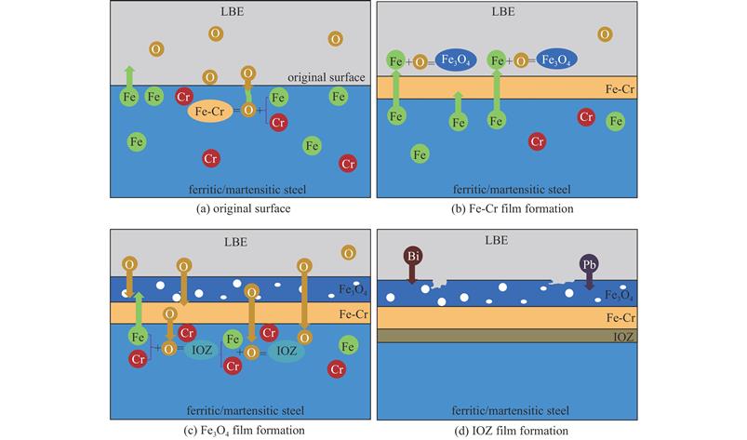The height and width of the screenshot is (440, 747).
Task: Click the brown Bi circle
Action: click(412, 256)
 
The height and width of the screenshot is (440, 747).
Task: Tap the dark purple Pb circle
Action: click(589, 264)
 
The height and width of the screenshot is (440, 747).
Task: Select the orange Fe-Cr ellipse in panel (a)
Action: click(209, 112)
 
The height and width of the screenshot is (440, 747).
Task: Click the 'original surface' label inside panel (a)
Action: click(326, 77)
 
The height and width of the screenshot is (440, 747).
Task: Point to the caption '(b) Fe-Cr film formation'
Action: click(513, 208)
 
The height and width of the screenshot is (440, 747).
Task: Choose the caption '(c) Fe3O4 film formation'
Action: click(244, 431)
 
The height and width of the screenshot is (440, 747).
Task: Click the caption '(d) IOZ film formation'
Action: click(511, 431)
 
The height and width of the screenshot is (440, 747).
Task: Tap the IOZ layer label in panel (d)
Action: click(623, 337)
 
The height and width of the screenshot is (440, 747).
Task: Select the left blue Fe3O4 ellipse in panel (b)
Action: click(456, 60)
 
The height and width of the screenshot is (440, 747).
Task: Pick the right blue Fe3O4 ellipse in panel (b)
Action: click(556, 60)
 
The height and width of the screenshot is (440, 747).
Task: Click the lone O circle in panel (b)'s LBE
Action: click(605, 34)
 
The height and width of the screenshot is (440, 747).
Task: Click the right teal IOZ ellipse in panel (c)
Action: click(287, 351)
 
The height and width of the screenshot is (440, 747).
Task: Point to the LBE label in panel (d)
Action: click(497, 241)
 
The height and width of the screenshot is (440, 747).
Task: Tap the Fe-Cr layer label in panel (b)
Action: click(620, 89)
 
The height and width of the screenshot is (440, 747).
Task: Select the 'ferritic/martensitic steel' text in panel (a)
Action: click(247, 190)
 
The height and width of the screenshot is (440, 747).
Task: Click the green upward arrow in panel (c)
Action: click(139, 311)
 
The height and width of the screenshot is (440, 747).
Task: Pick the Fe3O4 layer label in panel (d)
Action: click(619, 295)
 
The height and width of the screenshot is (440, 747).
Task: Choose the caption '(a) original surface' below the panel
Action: click(243, 208)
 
